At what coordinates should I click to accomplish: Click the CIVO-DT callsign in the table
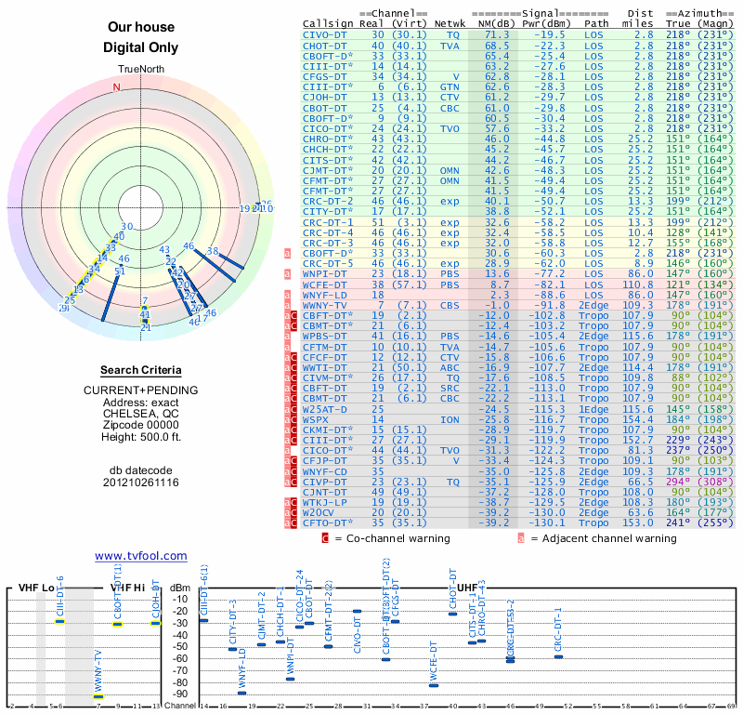click(324, 34)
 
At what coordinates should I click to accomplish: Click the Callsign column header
click(328, 23)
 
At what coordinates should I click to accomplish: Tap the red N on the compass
click(116, 88)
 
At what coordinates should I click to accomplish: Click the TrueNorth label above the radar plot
click(140, 70)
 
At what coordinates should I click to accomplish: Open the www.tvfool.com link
click(141, 556)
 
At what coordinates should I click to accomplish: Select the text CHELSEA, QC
click(141, 414)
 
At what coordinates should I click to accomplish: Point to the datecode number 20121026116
click(141, 483)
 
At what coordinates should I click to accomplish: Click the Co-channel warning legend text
click(394, 538)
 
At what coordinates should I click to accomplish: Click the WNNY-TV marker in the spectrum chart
click(99, 695)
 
